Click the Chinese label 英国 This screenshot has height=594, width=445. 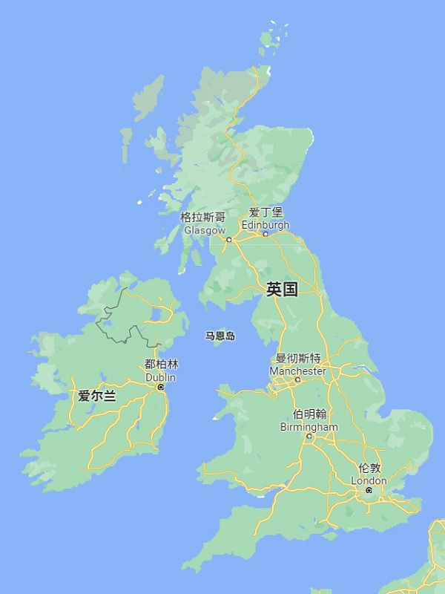282,290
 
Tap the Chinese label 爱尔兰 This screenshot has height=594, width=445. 97,396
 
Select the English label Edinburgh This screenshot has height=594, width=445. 266,224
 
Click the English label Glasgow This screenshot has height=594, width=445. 204,230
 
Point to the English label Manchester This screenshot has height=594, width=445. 297,371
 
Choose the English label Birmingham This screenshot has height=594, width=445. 309,427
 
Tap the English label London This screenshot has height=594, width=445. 369,480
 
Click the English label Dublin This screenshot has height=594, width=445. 161,377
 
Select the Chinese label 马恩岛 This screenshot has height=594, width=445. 220,336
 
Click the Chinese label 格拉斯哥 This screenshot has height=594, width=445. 202,218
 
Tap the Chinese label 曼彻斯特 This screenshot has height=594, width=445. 298,358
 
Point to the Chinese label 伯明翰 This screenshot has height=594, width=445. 309,414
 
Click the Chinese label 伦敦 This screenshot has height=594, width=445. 369,469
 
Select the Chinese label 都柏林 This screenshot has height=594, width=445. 162,365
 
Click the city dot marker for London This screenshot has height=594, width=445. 369,490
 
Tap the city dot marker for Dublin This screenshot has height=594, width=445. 160,387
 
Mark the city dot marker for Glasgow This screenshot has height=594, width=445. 228,239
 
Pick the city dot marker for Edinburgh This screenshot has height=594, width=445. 266,234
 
